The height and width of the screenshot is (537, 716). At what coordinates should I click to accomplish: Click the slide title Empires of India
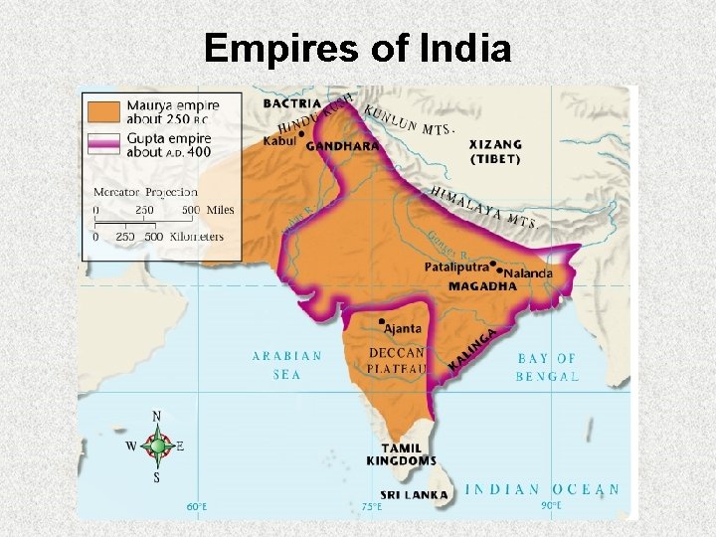pyautogui.click(x=357, y=48)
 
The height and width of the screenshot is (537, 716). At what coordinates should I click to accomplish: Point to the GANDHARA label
pyautogui.click(x=343, y=146)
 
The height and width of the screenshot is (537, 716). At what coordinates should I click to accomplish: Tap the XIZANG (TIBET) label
pyautogui.click(x=495, y=151)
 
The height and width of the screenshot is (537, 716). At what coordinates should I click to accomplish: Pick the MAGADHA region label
pyautogui.click(x=482, y=286)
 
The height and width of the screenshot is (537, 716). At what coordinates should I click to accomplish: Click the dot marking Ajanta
pyautogui.click(x=381, y=322)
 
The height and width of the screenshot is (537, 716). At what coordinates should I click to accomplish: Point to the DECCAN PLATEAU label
pyautogui.click(x=397, y=360)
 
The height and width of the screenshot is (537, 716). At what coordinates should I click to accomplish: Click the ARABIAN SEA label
pyautogui.click(x=286, y=365)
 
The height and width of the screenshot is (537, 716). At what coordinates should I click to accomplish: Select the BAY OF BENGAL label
pyautogui.click(x=547, y=367)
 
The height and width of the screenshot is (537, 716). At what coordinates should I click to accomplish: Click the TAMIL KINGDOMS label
pyautogui.click(x=401, y=454)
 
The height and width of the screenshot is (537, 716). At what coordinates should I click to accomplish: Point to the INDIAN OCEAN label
pyautogui.click(x=543, y=489)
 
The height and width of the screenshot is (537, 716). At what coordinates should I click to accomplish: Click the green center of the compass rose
pyautogui.click(x=157, y=446)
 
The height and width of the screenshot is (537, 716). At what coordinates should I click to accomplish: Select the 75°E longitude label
pyautogui.click(x=372, y=506)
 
